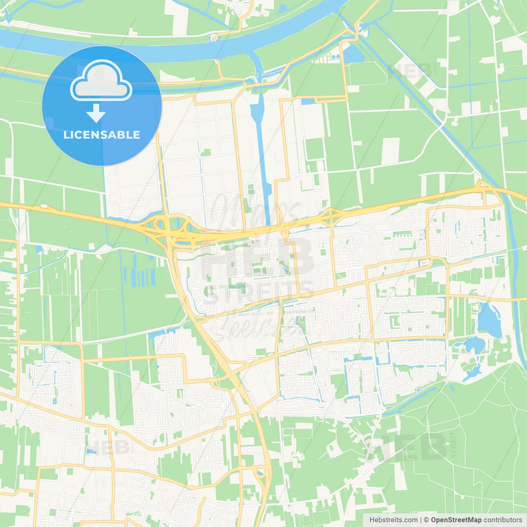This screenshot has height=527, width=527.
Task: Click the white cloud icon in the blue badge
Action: (101, 81)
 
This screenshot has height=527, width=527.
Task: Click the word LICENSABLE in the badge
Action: (102, 135)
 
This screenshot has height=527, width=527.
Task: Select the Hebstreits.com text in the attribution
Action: (393, 520)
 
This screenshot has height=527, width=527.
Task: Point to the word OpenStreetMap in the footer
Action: (456, 520)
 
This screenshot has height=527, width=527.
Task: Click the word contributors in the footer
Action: (503, 520)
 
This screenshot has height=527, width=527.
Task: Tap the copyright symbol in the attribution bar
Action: (426, 520)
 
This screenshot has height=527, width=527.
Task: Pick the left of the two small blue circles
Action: (333, 57)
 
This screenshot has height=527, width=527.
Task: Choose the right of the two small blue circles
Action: (338, 56)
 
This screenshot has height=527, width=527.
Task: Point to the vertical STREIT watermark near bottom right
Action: (454, 445)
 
